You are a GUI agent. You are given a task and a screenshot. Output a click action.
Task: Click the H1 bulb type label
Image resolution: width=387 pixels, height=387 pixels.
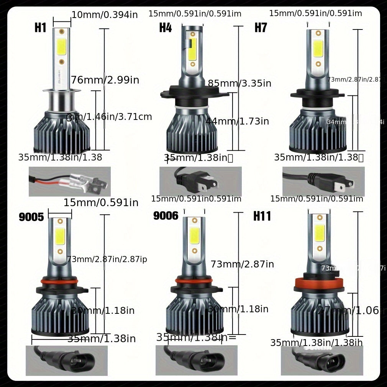[x=40, y=28]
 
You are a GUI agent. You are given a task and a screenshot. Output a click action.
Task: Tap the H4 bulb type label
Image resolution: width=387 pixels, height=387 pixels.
[x=166, y=28]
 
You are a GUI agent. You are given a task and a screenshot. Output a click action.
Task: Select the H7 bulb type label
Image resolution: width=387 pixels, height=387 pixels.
[x=261, y=28]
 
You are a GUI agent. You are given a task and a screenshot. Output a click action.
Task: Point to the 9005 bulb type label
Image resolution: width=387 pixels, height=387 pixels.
[x=31, y=217]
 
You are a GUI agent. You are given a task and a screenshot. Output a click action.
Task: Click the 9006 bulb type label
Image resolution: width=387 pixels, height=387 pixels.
[x=166, y=216]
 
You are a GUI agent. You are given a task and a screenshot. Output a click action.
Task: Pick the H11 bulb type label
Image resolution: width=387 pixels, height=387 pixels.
[x=262, y=216]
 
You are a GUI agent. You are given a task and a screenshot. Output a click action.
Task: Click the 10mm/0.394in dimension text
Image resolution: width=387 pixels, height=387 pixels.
[x=105, y=15]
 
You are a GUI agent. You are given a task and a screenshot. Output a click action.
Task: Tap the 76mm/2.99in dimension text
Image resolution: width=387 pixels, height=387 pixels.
[x=105, y=80]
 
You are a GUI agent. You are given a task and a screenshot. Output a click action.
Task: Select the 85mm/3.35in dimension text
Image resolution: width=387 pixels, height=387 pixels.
[x=239, y=83]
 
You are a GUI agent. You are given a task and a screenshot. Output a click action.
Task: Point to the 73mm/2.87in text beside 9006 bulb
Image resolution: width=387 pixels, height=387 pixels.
[x=242, y=264]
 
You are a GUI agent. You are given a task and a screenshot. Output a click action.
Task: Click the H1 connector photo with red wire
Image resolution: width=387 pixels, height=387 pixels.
[x=69, y=181]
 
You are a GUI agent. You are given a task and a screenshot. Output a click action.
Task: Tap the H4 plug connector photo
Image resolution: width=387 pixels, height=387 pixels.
[x=200, y=181]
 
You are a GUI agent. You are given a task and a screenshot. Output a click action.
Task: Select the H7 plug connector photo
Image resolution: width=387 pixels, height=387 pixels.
[x=323, y=181]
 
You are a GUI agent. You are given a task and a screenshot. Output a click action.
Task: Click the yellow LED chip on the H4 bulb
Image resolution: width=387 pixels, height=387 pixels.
[x=192, y=49]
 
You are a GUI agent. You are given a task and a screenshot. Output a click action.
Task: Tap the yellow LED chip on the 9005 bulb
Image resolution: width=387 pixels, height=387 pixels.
[x=60, y=236]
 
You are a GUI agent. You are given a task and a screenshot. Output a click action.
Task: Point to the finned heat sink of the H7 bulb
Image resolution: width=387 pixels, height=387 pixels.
[x=318, y=130]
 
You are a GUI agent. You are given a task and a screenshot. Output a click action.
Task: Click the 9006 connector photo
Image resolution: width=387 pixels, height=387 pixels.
[x=196, y=360]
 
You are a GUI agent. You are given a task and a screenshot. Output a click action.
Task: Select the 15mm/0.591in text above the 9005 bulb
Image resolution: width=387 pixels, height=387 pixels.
[x=101, y=203]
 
